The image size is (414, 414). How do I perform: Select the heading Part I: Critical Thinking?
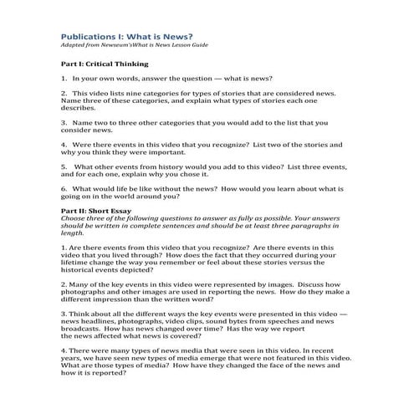[x=104, y=64]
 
